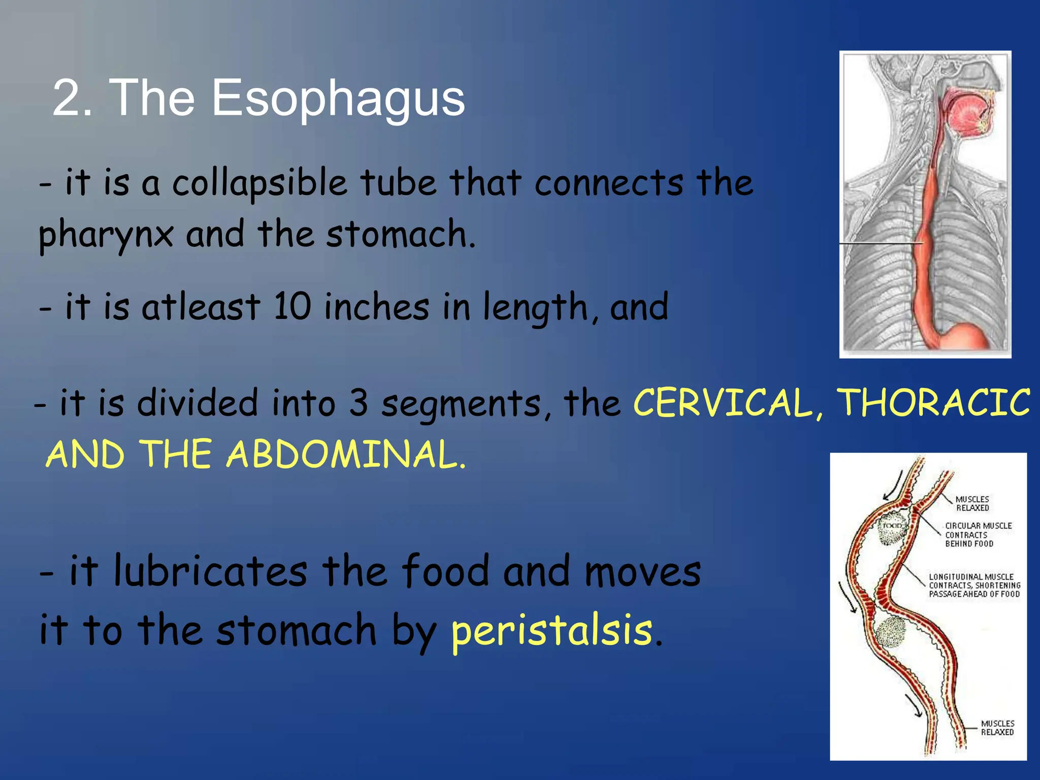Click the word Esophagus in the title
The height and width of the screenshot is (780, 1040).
338,99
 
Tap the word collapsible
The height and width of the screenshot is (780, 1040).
259,184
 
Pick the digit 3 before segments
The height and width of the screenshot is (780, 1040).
359,403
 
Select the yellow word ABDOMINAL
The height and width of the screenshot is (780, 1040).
345,455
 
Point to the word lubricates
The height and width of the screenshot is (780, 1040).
211,571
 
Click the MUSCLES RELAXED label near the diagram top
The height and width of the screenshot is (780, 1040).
972,503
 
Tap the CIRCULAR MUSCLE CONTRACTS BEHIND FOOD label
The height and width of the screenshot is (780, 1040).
977,534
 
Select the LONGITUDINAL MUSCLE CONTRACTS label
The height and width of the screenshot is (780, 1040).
973,585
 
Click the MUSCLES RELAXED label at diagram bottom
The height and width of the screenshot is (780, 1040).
997,727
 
